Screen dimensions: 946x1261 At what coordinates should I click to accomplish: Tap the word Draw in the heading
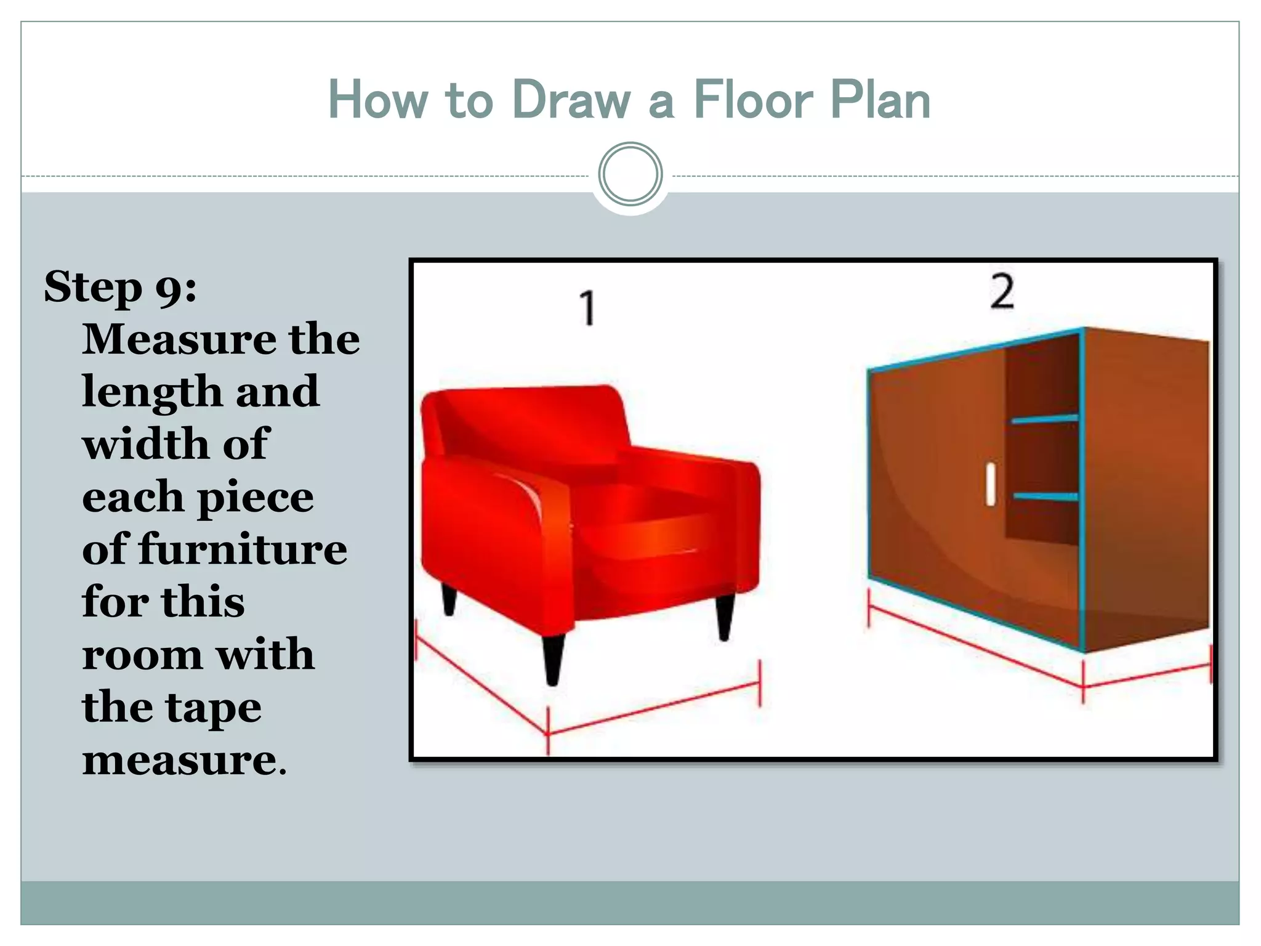[x=572, y=100]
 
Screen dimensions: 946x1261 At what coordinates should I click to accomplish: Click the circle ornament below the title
[x=630, y=174]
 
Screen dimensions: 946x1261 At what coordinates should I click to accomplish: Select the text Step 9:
[x=121, y=287]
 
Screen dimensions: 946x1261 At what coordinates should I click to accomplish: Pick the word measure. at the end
[x=185, y=760]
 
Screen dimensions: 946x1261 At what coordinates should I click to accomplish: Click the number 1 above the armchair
[x=588, y=308]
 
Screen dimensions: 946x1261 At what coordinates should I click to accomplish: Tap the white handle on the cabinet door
[x=990, y=485]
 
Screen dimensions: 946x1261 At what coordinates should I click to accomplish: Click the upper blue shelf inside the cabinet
[x=1044, y=419]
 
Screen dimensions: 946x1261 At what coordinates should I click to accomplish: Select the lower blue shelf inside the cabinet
[x=1045, y=496]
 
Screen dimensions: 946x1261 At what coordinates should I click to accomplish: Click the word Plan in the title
[x=880, y=100]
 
